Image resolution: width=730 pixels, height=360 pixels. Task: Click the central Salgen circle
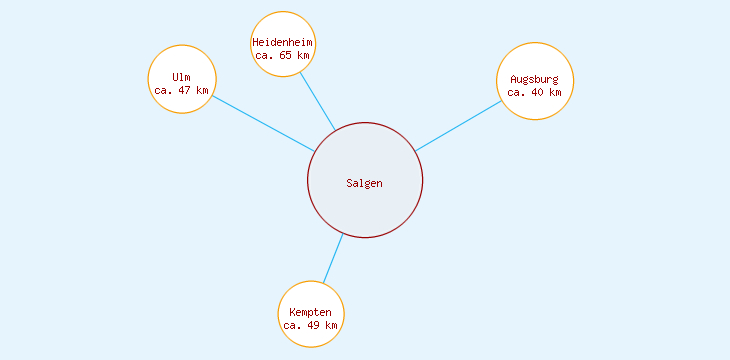[365, 205]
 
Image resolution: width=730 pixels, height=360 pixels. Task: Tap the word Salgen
[365, 183]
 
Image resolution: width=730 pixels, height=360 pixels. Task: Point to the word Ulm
[181, 77]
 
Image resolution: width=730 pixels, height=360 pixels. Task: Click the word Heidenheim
[283, 43]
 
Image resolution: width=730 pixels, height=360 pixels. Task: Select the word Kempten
[310, 313]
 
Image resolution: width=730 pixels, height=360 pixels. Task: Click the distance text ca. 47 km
[182, 90]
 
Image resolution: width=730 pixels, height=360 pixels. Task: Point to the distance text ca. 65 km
[283, 56]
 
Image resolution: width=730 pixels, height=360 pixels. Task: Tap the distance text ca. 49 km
[310, 326]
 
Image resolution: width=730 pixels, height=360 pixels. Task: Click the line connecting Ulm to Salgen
[264, 124]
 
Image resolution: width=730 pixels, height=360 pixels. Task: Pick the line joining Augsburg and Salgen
[458, 126]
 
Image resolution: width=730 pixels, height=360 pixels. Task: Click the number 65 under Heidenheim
[286, 56]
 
